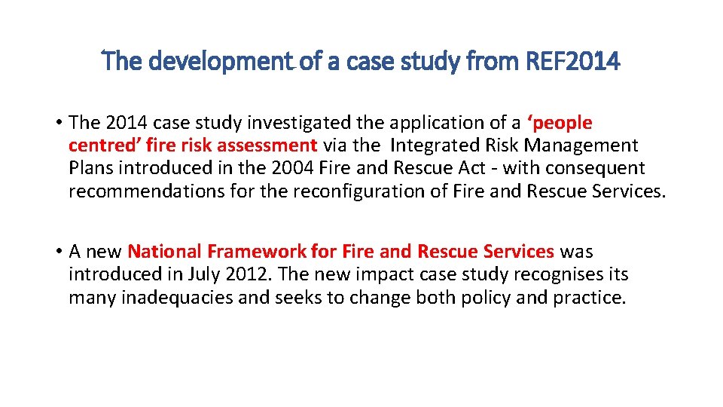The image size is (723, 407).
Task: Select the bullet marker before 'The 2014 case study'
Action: click(x=58, y=123)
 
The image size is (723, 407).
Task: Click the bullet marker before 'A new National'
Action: click(x=58, y=252)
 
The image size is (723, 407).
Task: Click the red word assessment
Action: click(x=267, y=145)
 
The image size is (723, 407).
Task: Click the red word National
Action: click(x=165, y=251)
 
